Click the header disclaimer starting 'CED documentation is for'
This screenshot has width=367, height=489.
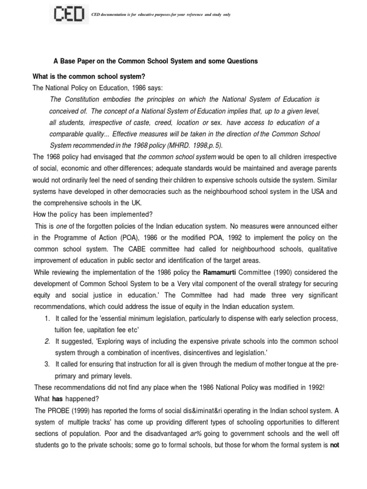162,15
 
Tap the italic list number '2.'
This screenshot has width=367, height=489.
46,341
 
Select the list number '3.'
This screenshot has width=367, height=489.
46,364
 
